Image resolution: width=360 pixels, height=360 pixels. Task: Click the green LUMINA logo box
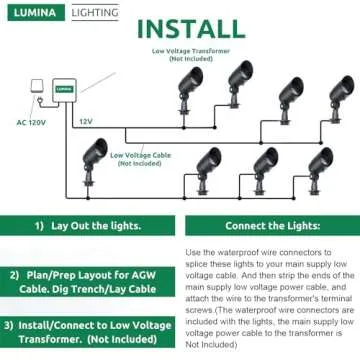pos(32,13)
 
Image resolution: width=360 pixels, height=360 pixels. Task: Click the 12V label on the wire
pos(86,121)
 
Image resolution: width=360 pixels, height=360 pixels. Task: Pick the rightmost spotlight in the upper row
pos(337,94)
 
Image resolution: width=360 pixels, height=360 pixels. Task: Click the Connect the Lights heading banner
pos(269,226)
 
